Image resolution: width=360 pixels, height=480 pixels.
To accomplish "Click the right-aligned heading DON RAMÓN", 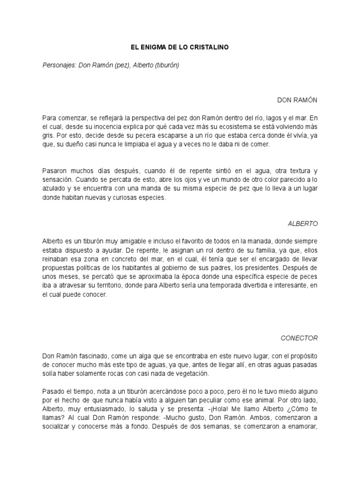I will coord(298,100).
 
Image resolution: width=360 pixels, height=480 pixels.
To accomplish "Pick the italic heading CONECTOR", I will coord(300,337).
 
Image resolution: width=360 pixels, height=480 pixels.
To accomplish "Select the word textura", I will coord(291,171).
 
